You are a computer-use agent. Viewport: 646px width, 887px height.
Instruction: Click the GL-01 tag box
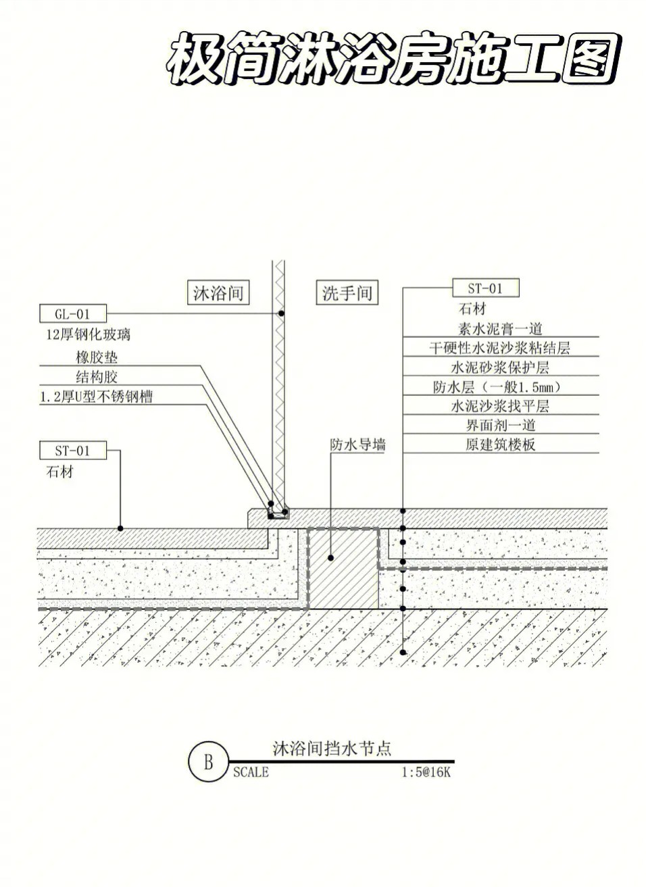[73, 313]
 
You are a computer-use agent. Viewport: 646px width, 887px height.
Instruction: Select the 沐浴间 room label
[218, 293]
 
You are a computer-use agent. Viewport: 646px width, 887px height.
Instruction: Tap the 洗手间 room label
[347, 293]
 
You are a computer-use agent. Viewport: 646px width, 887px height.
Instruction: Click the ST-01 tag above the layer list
[486, 288]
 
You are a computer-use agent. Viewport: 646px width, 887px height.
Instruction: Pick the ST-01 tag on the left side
[73, 450]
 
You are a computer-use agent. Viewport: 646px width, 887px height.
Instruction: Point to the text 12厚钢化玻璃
[88, 334]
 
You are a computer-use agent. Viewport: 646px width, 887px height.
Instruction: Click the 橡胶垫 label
[97, 357]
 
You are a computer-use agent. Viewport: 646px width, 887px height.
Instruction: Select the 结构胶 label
[97, 376]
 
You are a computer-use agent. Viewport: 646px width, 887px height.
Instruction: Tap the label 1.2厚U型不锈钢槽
[97, 397]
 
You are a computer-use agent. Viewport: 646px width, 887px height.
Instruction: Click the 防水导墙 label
[357, 445]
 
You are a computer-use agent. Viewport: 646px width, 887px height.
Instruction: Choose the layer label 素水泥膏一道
[500, 328]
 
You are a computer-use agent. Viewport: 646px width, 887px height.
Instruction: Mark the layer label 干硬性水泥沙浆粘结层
[500, 348]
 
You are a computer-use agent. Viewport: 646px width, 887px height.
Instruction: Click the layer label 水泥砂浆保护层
[500, 367]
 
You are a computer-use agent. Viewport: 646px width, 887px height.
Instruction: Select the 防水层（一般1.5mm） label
[498, 386]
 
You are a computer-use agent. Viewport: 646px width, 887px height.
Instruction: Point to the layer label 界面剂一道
[501, 425]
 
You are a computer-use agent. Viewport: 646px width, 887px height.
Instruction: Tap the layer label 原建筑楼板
[501, 445]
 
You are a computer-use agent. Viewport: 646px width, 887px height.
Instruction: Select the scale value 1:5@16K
[426, 772]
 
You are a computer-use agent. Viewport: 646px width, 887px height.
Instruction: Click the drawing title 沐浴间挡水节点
[332, 748]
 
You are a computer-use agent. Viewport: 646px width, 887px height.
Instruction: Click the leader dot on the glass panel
[281, 313]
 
